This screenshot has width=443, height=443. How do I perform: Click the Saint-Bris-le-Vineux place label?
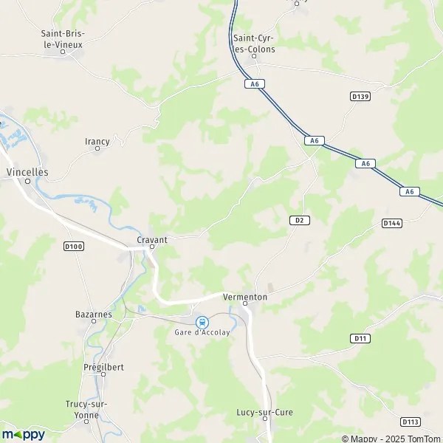[63, 39]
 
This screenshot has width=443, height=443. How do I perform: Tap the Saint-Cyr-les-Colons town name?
[254, 44]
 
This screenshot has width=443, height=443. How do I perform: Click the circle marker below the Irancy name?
[97, 149]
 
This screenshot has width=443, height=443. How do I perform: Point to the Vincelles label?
[27, 171]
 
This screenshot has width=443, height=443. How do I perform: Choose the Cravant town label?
[152, 240]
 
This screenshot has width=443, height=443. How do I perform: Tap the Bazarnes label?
[94, 313]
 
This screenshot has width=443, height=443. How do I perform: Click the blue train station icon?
[202, 322]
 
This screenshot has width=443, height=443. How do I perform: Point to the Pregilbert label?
[103, 365]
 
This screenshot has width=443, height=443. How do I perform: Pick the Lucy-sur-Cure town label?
[264, 412]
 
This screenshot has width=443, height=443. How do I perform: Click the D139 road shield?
[360, 97]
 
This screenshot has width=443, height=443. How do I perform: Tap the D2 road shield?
[298, 220]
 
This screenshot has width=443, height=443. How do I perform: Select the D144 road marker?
[392, 222]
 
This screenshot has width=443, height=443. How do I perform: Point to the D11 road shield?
[360, 338]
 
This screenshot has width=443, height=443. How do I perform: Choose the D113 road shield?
[411, 422]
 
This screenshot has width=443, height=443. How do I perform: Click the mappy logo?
[23, 434]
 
